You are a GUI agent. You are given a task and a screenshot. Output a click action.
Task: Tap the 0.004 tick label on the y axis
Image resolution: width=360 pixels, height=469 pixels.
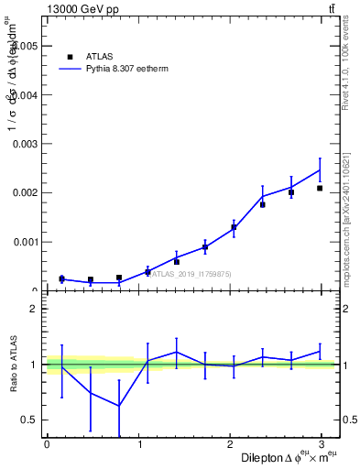pos(25,95)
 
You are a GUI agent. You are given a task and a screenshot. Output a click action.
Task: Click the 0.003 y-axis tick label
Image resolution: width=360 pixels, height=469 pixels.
pos(25,144)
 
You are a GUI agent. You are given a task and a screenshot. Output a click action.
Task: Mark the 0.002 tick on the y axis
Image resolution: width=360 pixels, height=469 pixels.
pos(25,193)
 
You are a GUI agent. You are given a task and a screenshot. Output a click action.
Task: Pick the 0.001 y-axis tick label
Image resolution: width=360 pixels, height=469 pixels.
pos(25,242)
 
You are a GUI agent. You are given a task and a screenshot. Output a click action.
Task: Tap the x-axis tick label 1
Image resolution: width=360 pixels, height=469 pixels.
pos(139,444)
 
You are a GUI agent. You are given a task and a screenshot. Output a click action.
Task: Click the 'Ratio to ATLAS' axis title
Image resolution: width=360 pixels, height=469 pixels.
pos(14,365)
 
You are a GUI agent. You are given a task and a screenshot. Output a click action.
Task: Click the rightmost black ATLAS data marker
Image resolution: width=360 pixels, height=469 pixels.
pos(320,189)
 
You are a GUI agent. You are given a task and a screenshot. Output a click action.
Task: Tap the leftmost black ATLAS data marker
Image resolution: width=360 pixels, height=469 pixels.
pos(61,278)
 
